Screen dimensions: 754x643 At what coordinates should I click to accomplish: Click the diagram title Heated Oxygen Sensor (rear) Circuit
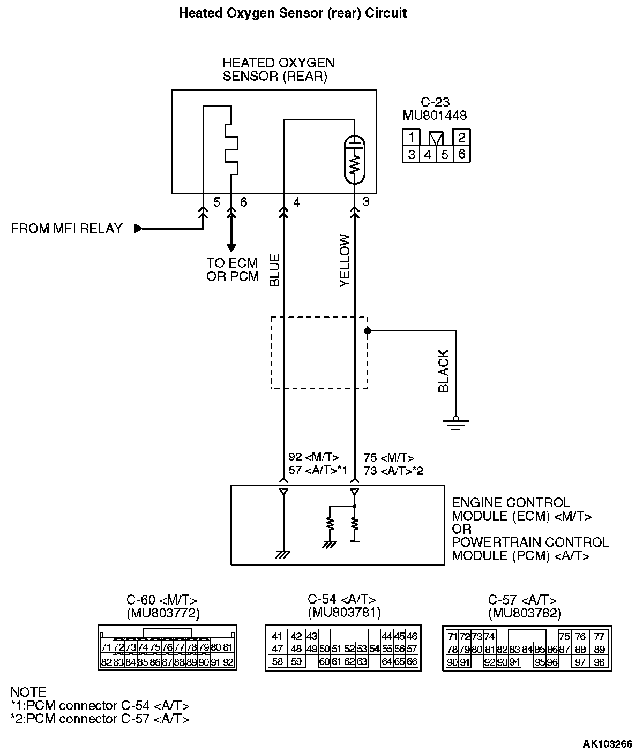click(293, 13)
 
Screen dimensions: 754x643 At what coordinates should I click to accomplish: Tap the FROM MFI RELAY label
click(66, 229)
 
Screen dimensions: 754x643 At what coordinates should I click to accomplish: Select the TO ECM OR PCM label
click(232, 270)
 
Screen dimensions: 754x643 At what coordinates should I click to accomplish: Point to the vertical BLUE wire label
click(275, 271)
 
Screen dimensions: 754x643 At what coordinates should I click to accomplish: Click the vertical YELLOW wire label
click(345, 261)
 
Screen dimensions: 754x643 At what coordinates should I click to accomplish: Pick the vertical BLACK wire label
click(444, 371)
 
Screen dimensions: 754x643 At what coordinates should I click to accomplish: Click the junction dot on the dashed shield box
click(368, 331)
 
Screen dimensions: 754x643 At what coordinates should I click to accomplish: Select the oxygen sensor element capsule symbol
click(354, 159)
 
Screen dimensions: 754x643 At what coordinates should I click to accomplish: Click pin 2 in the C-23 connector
click(461, 137)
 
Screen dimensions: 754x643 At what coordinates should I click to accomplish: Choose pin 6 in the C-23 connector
click(461, 155)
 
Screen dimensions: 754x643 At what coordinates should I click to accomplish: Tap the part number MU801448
click(435, 115)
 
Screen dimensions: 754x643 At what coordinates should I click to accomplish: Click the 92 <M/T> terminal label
click(313, 458)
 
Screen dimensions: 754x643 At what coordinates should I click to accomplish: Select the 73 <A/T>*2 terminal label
click(394, 471)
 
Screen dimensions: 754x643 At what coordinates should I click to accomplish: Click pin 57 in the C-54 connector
click(412, 649)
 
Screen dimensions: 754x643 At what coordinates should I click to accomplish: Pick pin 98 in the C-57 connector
click(600, 662)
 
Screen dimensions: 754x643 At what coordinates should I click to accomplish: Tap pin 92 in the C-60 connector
click(228, 662)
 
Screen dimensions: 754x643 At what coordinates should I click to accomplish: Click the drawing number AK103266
click(607, 744)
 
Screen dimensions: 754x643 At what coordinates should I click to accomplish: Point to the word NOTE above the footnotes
click(28, 692)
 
